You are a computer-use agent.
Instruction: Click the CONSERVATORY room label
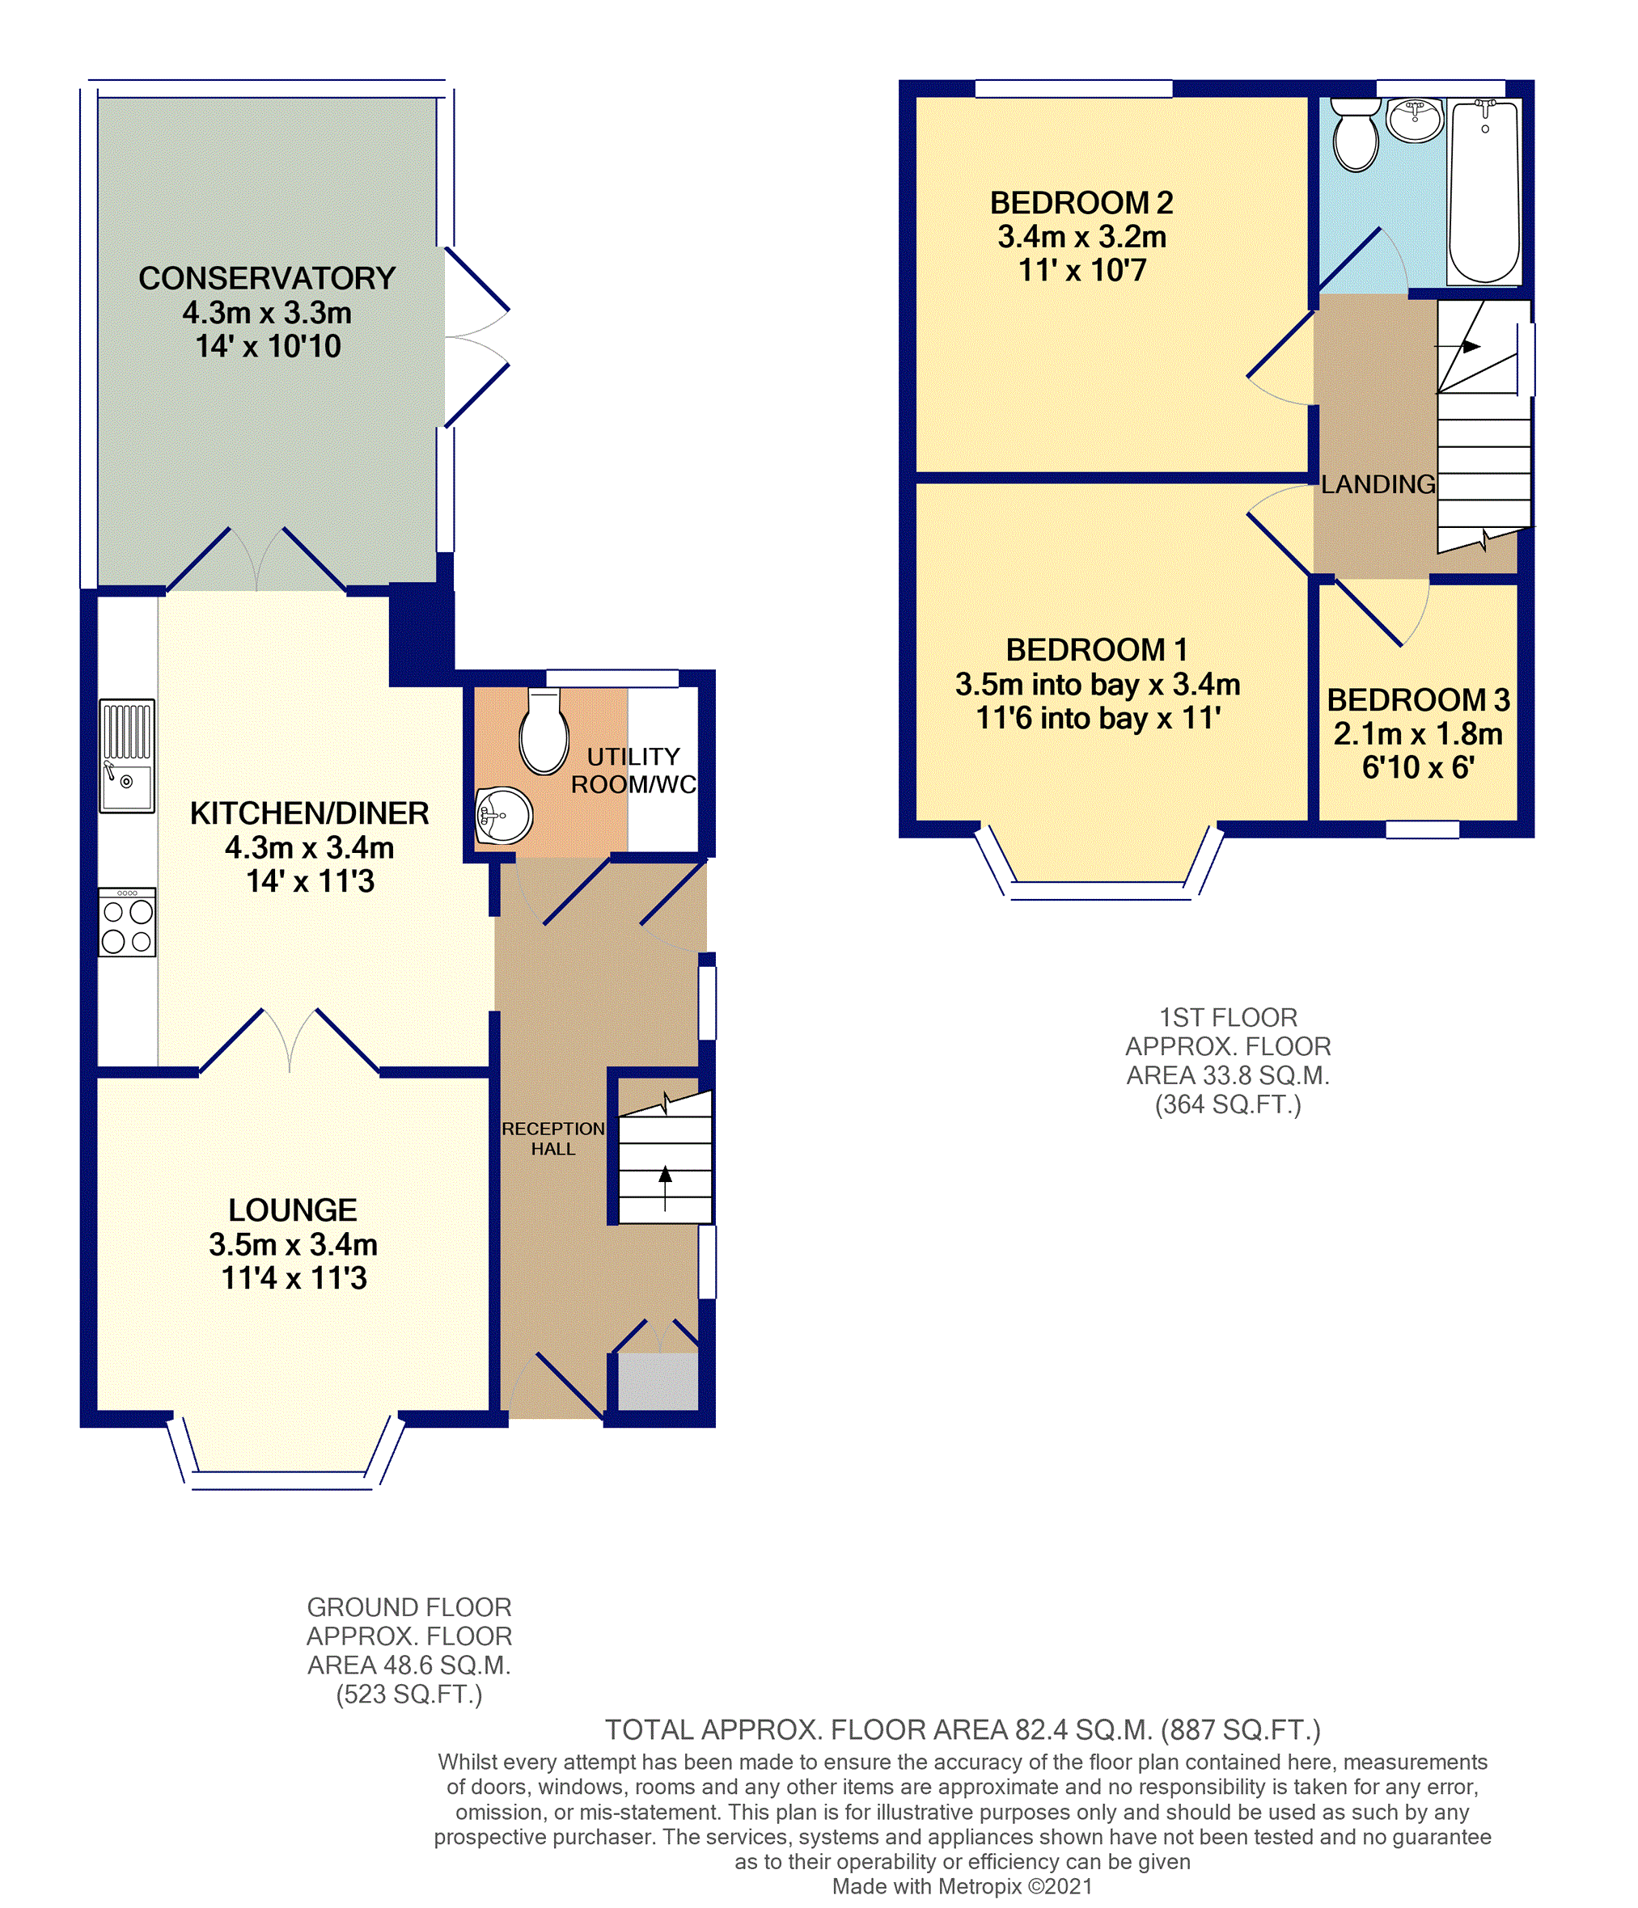(267, 278)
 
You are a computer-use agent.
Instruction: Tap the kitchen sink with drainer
(127, 756)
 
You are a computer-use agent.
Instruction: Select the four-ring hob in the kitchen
(127, 922)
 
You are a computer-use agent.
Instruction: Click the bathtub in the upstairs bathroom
(1484, 192)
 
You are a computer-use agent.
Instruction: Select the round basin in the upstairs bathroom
(1415, 120)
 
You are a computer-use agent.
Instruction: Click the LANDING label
(1378, 484)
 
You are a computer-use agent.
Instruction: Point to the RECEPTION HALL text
(552, 1138)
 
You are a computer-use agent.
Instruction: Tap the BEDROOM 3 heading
(1418, 700)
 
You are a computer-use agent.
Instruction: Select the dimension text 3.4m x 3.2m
(1081, 237)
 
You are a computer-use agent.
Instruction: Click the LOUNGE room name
(293, 1209)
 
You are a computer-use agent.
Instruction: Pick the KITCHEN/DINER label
(310, 813)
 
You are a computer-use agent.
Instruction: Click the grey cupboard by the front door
(658, 1379)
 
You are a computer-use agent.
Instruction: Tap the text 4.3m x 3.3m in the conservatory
(267, 313)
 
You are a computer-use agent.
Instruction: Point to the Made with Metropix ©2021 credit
(963, 1886)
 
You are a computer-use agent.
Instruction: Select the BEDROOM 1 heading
(1096, 650)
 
